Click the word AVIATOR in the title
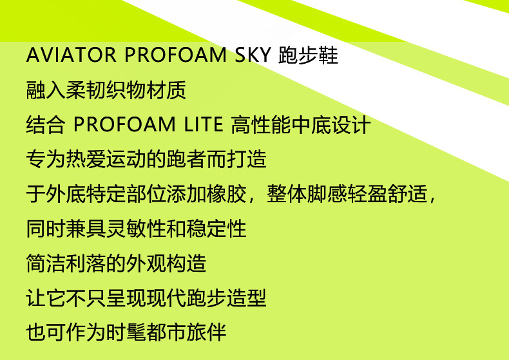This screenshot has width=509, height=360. [x=71, y=55]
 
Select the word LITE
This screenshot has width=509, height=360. [x=204, y=124]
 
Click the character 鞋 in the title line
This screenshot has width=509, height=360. [x=328, y=55]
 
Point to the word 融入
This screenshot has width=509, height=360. [x=46, y=90]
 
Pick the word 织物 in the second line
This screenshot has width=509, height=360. [x=126, y=90]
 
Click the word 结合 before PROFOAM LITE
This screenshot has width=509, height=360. [x=46, y=124]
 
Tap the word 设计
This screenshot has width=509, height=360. [x=351, y=124]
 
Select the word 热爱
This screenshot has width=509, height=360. [x=86, y=159]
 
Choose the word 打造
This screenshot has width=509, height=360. [x=247, y=159]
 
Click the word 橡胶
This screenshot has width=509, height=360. [x=227, y=194]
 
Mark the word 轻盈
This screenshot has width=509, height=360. [x=367, y=194]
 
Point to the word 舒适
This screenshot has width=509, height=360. [x=407, y=194]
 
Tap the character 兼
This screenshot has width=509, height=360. [x=76, y=229]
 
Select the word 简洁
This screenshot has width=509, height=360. [x=46, y=263]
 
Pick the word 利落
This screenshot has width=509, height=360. [x=86, y=263]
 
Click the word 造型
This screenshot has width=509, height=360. [x=247, y=298]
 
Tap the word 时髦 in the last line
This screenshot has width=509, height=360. [x=126, y=332]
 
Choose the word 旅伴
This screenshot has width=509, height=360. [x=206, y=332]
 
